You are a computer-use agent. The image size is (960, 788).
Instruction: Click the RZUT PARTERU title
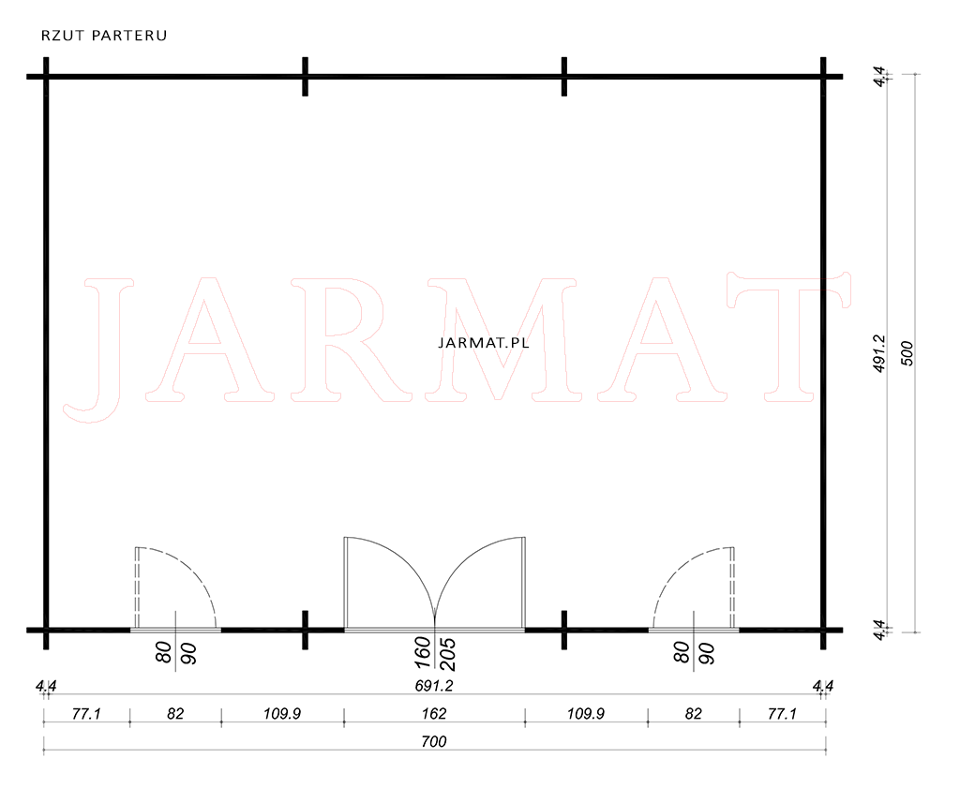tap(104, 36)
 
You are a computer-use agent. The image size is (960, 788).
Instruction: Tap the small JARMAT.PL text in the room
tap(484, 343)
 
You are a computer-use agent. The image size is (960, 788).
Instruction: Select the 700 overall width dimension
tap(434, 741)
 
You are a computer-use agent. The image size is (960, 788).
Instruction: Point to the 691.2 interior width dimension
tap(434, 686)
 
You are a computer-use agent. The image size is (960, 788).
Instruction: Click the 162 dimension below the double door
tap(434, 713)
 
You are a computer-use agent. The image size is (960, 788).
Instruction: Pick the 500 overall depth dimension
tap(907, 353)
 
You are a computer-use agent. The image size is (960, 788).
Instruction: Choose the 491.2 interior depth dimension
tap(879, 353)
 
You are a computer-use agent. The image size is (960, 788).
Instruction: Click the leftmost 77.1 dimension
tap(86, 713)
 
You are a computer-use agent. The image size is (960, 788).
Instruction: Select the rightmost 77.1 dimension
tap(782, 713)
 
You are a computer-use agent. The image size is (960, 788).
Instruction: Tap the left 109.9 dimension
tap(281, 713)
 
